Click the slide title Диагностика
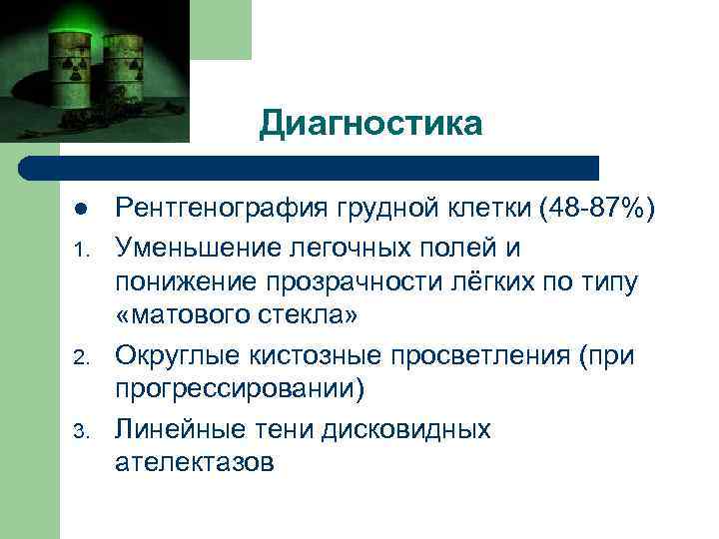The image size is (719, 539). pos(369,124)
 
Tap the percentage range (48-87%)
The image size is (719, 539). pos(595,210)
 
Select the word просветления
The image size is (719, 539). pos(459,355)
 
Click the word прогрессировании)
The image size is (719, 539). pos(241,389)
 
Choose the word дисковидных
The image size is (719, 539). pos(405,430)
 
